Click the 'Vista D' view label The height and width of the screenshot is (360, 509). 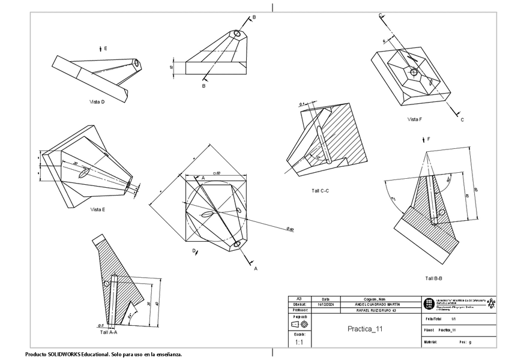click(97, 102)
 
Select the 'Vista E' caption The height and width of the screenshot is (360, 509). click(98, 209)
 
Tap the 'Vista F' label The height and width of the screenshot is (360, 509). click(415, 119)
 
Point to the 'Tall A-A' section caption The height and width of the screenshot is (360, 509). click(109, 331)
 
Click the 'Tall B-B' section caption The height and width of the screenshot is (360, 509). click(433, 278)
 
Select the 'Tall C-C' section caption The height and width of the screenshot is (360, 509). click(321, 191)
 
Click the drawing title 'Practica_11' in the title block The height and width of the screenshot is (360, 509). click(365, 329)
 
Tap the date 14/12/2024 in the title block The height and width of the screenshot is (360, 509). click(326, 305)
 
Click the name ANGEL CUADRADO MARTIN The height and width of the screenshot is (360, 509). click(378, 305)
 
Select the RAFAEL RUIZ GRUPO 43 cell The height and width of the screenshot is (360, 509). click(376, 311)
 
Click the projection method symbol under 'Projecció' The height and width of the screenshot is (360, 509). click(299, 324)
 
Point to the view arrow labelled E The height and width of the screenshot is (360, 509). click(100, 47)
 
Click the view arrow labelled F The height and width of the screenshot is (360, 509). click(423, 140)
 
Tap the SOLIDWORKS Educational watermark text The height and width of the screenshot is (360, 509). click(103, 354)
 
